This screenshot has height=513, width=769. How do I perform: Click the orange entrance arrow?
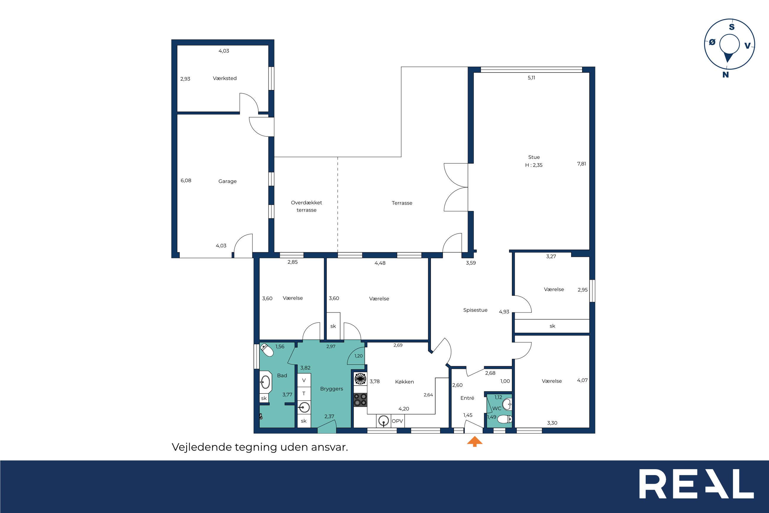(x=474, y=442)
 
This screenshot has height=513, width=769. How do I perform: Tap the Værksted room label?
(x=224, y=78)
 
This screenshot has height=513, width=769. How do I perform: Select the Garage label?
(x=227, y=181)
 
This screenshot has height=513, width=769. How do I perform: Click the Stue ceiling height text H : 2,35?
(x=534, y=165)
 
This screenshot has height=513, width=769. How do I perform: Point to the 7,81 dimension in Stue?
(x=581, y=164)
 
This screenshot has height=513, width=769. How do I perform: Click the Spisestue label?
(x=475, y=310)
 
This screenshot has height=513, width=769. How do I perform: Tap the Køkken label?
(x=404, y=382)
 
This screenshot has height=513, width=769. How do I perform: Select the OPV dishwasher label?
(x=397, y=421)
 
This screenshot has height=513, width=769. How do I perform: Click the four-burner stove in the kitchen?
(x=361, y=399)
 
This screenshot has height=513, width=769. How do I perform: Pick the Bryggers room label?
(x=331, y=389)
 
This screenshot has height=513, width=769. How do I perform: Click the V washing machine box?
(x=304, y=380)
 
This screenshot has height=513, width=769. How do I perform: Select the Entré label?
(x=467, y=398)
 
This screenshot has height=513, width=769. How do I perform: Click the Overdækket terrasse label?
(x=306, y=206)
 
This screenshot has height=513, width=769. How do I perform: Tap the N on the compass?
(x=726, y=75)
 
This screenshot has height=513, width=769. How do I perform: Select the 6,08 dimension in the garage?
(x=186, y=181)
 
